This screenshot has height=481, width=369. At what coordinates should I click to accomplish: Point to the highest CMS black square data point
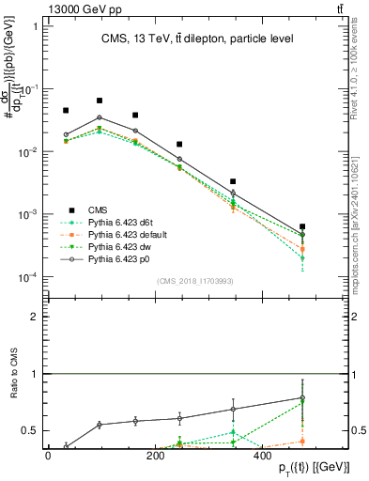pyautogui.click(x=100, y=101)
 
